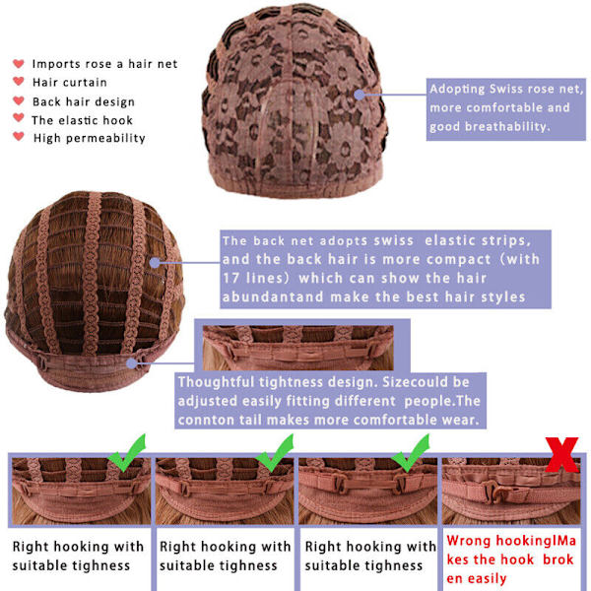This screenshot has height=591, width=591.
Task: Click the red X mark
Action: pos(562,454)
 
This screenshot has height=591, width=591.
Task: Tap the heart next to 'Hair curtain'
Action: pos(19,81)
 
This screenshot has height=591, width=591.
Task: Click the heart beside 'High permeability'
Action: pos(19,136)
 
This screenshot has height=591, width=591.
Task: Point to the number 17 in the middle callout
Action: pos(231,278)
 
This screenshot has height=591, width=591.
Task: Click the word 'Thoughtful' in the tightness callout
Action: pos(216,382)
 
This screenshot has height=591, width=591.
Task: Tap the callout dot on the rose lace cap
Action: pos(360,95)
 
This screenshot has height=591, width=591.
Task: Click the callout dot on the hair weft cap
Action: pos(155,263)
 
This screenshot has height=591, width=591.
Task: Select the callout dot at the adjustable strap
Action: pos(132,363)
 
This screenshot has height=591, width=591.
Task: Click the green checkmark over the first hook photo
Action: pos(127,453)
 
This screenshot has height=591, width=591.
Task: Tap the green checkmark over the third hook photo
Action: pos(411,453)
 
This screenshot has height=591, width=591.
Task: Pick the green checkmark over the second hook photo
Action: pos(275,453)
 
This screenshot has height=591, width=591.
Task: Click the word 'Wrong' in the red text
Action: pos(469,541)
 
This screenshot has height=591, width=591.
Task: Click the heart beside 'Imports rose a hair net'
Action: pos(19,63)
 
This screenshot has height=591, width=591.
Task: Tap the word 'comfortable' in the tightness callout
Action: pos(395,420)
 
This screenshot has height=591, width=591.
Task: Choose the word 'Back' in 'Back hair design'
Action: pos(46,101)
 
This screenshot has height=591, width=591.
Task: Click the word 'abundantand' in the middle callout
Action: pos(273,297)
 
